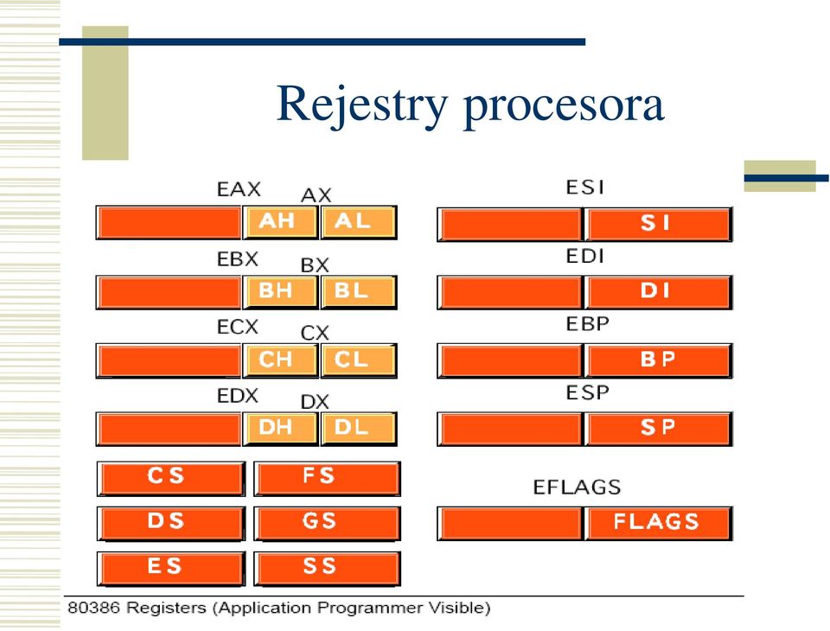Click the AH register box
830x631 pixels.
pos(280,222)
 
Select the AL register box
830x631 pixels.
pos(358,222)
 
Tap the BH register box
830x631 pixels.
pos(280,291)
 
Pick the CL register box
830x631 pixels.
pos(358,360)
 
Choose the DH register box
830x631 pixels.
pos(280,428)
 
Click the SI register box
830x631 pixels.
pos(658,224)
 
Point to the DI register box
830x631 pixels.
pos(658,291)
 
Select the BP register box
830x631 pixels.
pos(658,360)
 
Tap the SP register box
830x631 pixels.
pos(658,428)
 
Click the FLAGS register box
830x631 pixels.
pos(658,523)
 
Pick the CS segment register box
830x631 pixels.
pos(171,479)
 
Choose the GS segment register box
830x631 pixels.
pos(327,524)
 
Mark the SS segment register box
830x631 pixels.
pos(327,569)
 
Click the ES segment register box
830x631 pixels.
pos(171,569)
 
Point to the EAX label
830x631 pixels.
pos(239,189)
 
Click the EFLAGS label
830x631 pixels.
pos(577,487)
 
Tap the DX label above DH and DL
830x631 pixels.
pos(315,402)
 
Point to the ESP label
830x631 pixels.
pos(587,392)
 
